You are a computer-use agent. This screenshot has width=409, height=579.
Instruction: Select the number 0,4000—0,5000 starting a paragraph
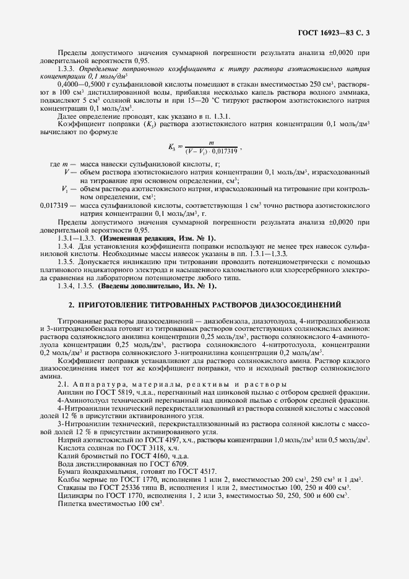click(x=77, y=83)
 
